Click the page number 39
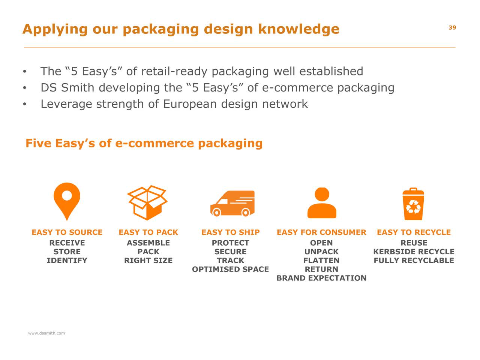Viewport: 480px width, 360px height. pos(452,27)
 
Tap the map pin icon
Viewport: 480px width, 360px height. pos(67,201)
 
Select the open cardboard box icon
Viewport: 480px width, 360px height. pos(147,202)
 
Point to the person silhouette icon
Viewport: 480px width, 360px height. pos(322,202)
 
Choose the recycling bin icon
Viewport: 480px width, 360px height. pos(413,204)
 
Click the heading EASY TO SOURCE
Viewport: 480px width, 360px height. pos(67,232)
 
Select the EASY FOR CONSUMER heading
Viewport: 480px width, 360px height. pos(321,232)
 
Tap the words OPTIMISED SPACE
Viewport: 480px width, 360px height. pos(230,269)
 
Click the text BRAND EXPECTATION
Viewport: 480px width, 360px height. pos(321,278)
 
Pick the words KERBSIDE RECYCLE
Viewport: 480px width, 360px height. pos(414,252)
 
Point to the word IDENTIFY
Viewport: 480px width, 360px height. pos(67,260)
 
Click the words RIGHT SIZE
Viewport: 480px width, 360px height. pos(148,260)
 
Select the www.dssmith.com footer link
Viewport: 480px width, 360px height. pos(46,333)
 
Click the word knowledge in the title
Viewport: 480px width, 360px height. pos(298,29)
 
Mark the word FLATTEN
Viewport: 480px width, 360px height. pos(321,260)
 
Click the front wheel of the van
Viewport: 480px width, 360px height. pos(216,213)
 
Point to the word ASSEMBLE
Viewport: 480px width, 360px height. pos(148,243)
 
